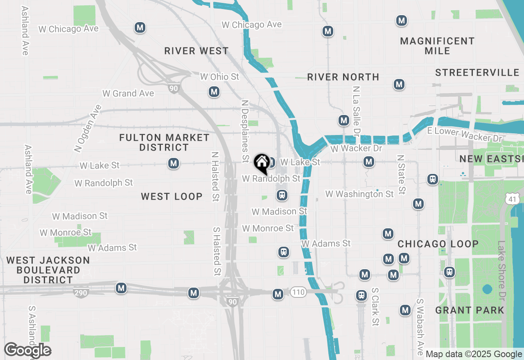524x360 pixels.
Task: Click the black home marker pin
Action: coord(262,163)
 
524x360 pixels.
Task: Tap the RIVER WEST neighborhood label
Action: coord(196,51)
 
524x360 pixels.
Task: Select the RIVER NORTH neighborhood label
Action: coord(343,77)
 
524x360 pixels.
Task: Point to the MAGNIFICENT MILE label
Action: coord(437,46)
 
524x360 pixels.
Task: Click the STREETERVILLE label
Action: coord(477,73)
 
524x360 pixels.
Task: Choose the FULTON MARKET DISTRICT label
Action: coord(164,142)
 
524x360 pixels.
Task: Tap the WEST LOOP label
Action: coord(172,196)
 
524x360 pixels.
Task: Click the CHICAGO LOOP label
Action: coord(438,244)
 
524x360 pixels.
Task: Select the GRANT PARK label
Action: coord(470,310)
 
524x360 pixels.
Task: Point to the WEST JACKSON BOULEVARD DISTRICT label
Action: coord(48,270)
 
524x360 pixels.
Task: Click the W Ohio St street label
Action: coord(219,77)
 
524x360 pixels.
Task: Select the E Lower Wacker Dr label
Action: coord(464,134)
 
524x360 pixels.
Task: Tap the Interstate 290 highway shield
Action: coord(81,292)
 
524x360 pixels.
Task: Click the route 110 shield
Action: coord(298,292)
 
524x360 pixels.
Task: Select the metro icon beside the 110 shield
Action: coord(278,294)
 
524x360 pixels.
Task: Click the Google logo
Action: coord(27,350)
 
